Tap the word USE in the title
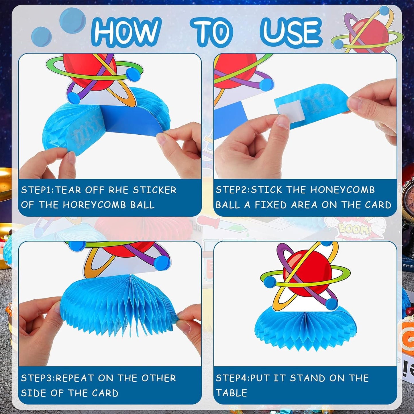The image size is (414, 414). coord(291,32)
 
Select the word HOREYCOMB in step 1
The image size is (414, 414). coord(94,205)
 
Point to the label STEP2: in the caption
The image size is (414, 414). coord(233,190)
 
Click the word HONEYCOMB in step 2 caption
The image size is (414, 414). coord(342,190)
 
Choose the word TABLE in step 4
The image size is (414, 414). coord(231,393)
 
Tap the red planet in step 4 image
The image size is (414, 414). coord(307,273)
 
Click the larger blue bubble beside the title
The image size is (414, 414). coord(72,21)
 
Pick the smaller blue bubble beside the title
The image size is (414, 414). coord(42,36)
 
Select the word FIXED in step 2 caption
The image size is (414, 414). coord(271,205)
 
